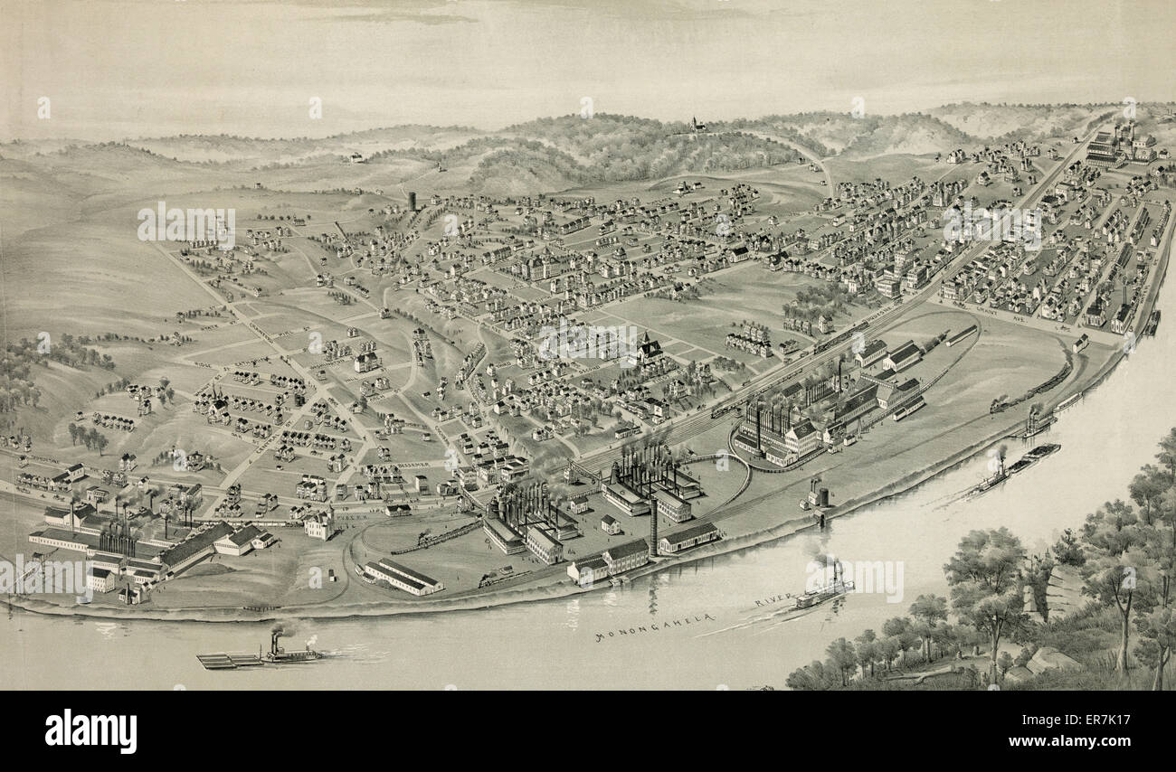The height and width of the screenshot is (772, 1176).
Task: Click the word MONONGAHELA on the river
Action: point(655,626)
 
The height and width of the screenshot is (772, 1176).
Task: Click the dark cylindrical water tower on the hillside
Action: point(413,201)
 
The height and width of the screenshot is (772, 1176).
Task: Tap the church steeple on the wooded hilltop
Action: point(695,123)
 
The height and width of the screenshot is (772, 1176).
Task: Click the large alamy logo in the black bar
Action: point(90,730)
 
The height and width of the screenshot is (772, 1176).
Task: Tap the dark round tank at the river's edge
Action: point(820,496)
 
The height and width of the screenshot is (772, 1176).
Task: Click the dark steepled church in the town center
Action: point(648,348)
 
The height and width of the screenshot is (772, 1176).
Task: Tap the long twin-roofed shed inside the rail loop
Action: point(403,576)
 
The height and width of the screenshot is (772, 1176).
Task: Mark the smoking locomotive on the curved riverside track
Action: point(1004,403)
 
